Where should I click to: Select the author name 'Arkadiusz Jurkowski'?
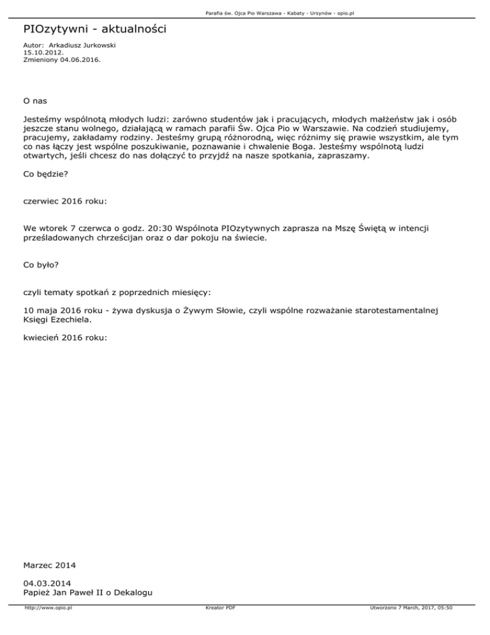(x=82, y=46)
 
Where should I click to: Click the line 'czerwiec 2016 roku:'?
(x=64, y=201)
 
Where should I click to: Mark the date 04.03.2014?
(x=47, y=583)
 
